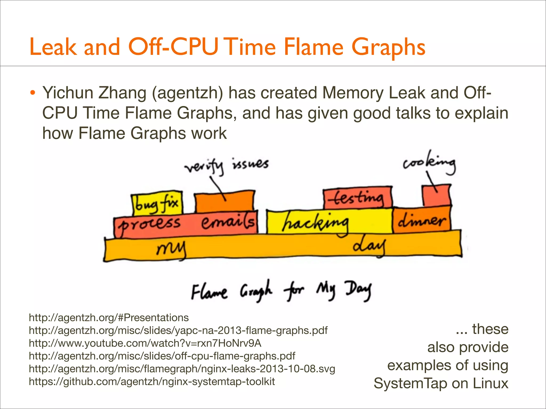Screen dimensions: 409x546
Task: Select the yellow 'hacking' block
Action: [x=329, y=222]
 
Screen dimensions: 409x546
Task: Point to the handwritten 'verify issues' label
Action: [x=227, y=166]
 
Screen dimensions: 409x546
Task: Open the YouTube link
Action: [x=145, y=343]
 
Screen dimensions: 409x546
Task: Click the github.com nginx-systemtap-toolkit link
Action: [x=152, y=382]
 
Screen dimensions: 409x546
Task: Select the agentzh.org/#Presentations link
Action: [x=109, y=318]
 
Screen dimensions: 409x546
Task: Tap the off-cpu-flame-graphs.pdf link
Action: [x=162, y=356]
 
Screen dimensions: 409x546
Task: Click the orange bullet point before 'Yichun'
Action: [x=33, y=93]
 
